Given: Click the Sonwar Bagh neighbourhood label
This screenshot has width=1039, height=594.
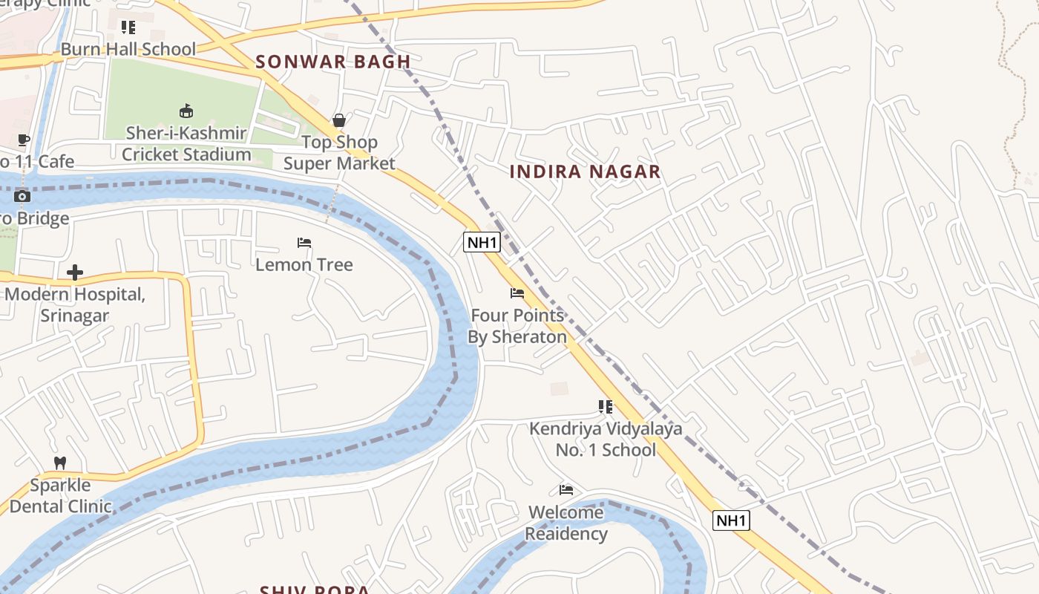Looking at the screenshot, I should (333, 62).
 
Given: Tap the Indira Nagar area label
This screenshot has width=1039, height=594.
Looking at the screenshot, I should (585, 172).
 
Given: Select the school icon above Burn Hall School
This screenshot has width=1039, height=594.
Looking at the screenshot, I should (128, 27).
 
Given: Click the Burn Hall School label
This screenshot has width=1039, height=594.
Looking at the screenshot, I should (128, 49).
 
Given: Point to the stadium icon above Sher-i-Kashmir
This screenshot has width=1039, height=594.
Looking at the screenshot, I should (186, 111).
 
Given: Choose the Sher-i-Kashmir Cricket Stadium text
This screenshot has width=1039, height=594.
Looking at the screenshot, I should (186, 144).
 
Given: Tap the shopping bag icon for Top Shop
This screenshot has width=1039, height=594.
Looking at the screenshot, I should (339, 120).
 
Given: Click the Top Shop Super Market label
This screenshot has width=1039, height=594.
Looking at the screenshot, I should (339, 152).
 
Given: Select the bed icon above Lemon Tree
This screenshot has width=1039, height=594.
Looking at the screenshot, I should (304, 243).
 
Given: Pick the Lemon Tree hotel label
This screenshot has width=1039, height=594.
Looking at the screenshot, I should (304, 265).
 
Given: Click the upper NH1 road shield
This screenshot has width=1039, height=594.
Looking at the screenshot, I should (482, 242).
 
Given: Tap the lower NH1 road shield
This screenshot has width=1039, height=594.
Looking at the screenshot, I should (731, 520).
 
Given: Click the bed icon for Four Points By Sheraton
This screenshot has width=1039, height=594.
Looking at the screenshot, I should (517, 293).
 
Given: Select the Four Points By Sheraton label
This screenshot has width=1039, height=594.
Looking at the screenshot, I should (517, 326).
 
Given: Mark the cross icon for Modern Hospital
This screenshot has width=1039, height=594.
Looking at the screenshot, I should (74, 272).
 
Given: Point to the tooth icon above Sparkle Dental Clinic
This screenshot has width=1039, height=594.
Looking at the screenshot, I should (60, 463).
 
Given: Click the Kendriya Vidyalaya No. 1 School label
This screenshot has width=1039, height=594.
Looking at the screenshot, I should (606, 440).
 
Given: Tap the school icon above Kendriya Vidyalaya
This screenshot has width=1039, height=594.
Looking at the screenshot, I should (606, 407).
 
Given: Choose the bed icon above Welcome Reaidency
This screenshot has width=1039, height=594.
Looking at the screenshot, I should (566, 490).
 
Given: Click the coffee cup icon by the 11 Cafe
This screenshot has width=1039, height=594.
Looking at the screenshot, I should (23, 140).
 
